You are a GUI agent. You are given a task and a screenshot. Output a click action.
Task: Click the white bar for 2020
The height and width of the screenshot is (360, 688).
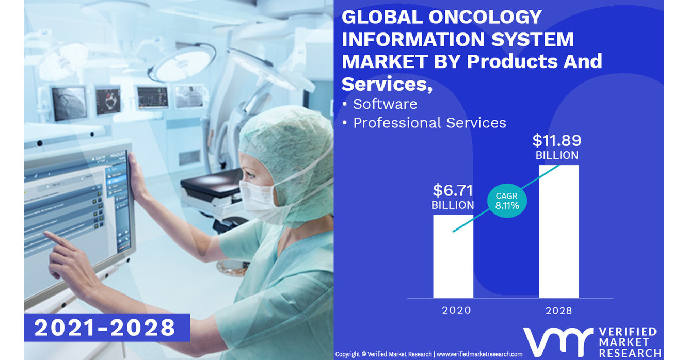(x=453, y=256)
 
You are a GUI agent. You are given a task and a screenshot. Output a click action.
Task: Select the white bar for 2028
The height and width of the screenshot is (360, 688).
(x=558, y=232)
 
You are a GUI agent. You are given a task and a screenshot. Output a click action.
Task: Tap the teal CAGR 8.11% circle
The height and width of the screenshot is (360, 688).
(x=507, y=201)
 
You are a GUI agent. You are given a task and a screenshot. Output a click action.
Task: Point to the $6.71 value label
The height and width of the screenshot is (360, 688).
(x=453, y=190)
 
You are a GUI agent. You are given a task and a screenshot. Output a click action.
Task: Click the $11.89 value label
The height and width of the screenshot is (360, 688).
(x=556, y=140)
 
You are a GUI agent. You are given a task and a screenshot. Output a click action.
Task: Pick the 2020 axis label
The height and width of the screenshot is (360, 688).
(x=456, y=310)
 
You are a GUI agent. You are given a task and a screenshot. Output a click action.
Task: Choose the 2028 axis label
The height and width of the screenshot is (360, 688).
(x=559, y=310)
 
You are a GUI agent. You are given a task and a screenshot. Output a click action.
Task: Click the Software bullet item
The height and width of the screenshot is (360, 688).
(x=385, y=104)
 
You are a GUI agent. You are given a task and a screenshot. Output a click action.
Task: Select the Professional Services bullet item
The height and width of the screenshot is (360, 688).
(x=429, y=123)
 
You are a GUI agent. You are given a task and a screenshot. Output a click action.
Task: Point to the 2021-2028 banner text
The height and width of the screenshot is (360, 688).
(x=105, y=328)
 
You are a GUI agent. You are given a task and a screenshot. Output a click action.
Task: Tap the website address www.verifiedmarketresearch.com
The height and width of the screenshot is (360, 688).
(x=479, y=354)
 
